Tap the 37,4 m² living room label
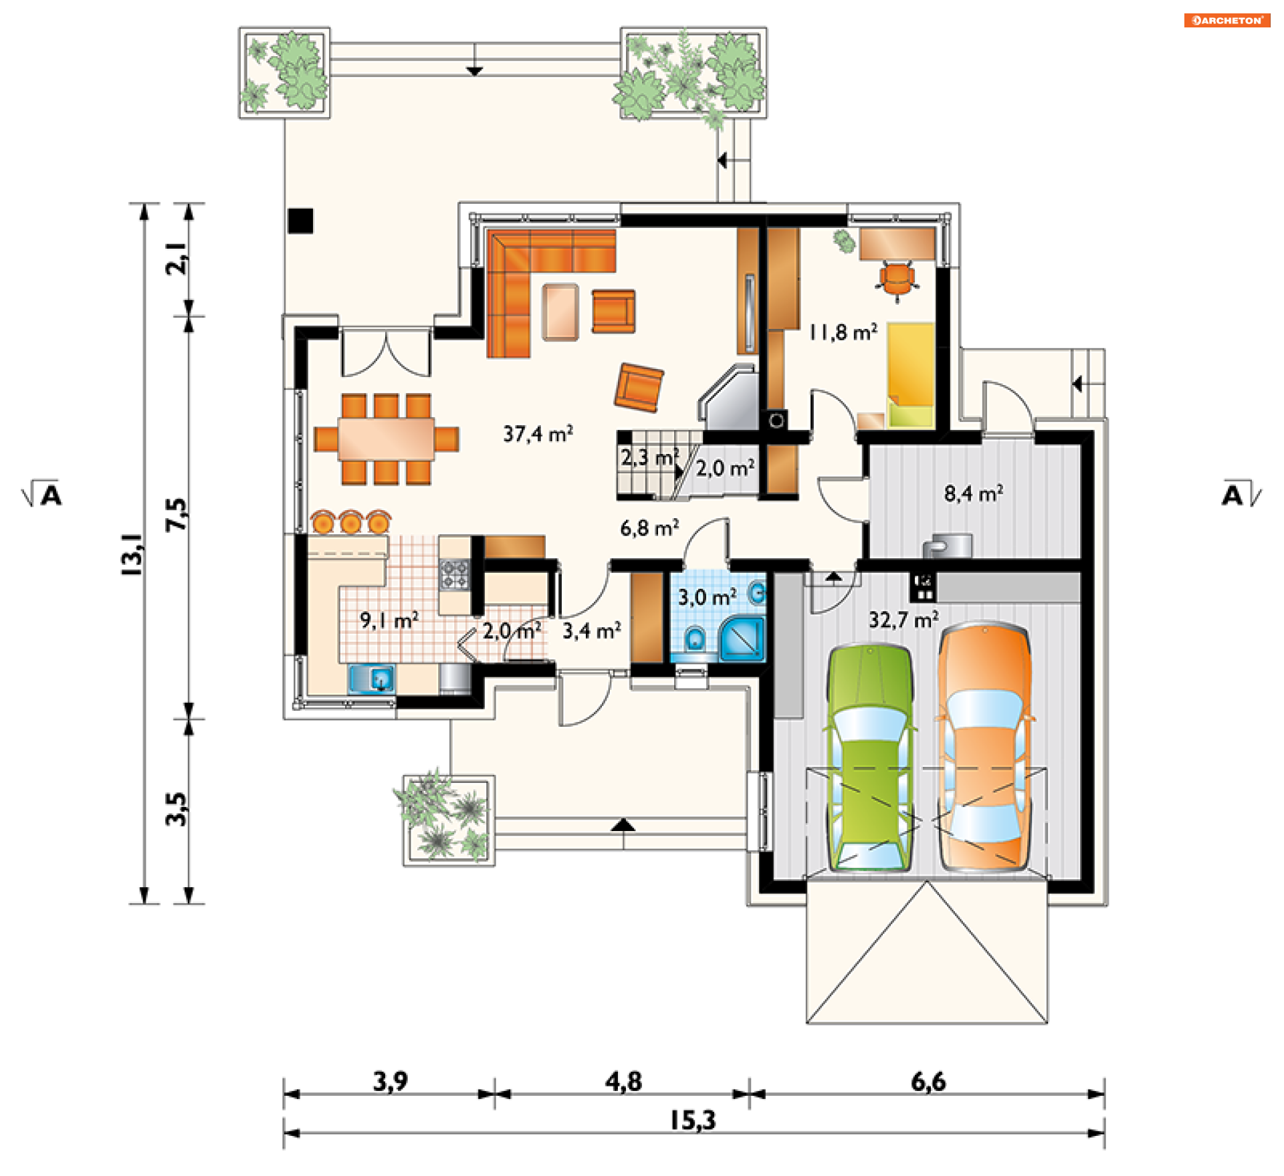pos(538,434)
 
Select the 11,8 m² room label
pos(843,332)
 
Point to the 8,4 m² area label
pos(974,493)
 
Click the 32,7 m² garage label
pos(903,620)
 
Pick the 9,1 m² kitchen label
pos(389,620)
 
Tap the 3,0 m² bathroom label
pos(708,596)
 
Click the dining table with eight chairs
pos(387,439)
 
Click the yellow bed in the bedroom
pos(911,374)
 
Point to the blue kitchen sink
pos(372,679)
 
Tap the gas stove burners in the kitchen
pos(454,575)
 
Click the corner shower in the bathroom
pos(741,638)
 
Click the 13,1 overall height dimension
pos(131,554)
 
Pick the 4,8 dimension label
pos(623,1082)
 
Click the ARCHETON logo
pos(1227,20)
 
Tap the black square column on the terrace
pos(300,221)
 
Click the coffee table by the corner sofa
pos(560,312)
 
